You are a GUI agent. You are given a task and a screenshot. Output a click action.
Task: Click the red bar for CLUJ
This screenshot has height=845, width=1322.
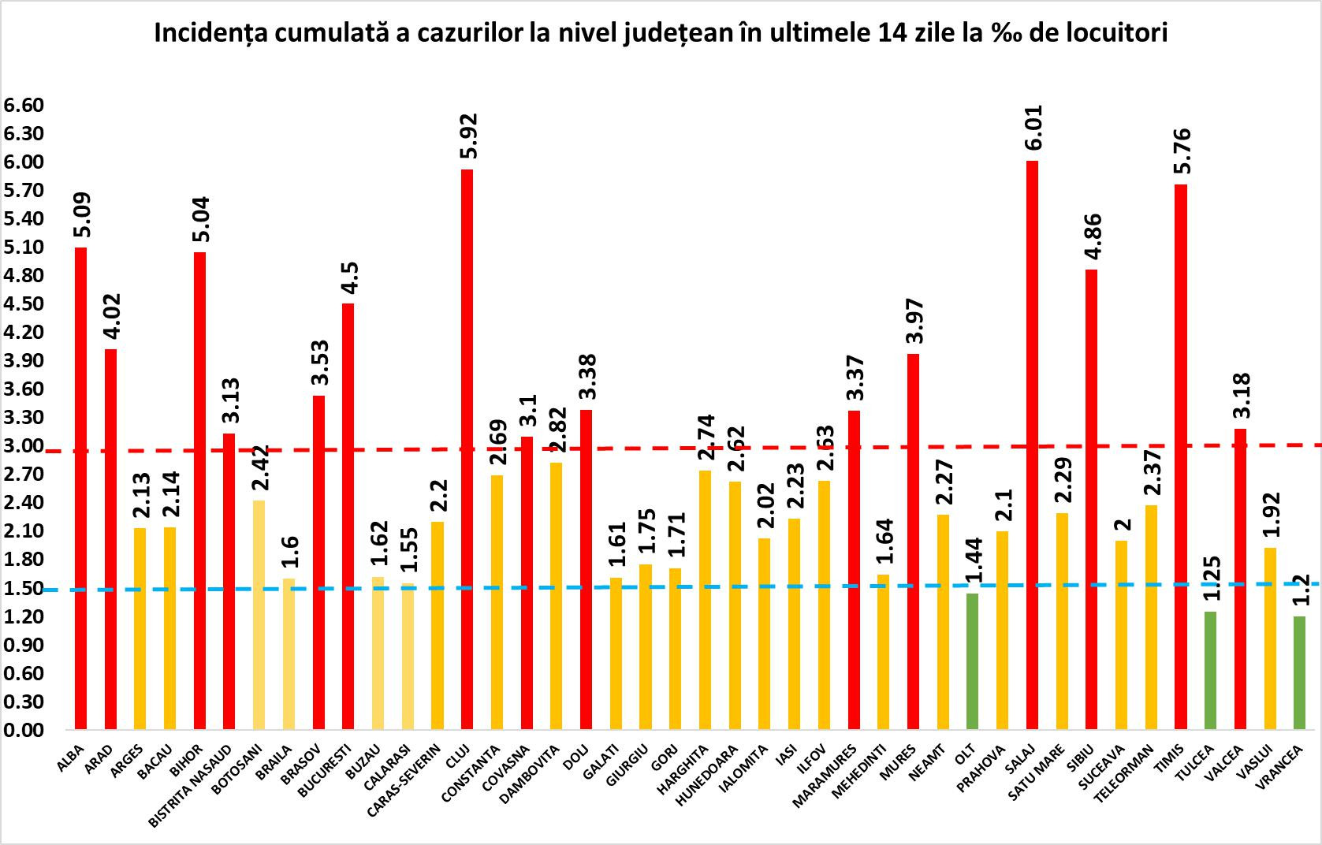pos(467,449)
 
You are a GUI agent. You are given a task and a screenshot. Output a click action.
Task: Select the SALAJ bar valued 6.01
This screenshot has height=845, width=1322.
pos(1032,445)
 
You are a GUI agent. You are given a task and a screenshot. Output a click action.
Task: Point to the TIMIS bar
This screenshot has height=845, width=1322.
pos(1180,457)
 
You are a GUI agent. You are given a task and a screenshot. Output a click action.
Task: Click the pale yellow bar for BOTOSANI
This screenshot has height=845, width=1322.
pos(259,615)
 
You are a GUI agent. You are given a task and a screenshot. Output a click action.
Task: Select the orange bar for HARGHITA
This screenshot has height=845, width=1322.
pos(705,600)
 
